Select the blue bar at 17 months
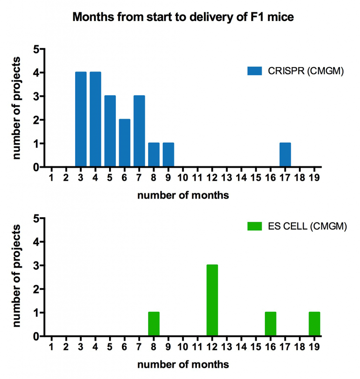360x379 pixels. (x=285, y=155)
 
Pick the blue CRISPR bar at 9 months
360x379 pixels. (x=168, y=155)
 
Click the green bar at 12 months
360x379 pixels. (x=212, y=300)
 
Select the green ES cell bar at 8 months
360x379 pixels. (x=154, y=324)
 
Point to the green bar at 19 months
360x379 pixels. (x=314, y=324)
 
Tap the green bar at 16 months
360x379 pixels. (x=270, y=324)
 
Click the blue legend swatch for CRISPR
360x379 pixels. (x=255, y=71)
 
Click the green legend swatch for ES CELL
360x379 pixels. (x=255, y=226)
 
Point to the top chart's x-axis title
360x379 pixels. (x=183, y=195)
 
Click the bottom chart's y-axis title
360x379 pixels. (x=16, y=276)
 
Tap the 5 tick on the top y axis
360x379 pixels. (x=36, y=49)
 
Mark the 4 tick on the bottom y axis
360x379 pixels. (x=36, y=242)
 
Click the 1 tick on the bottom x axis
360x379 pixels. (x=51, y=347)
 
